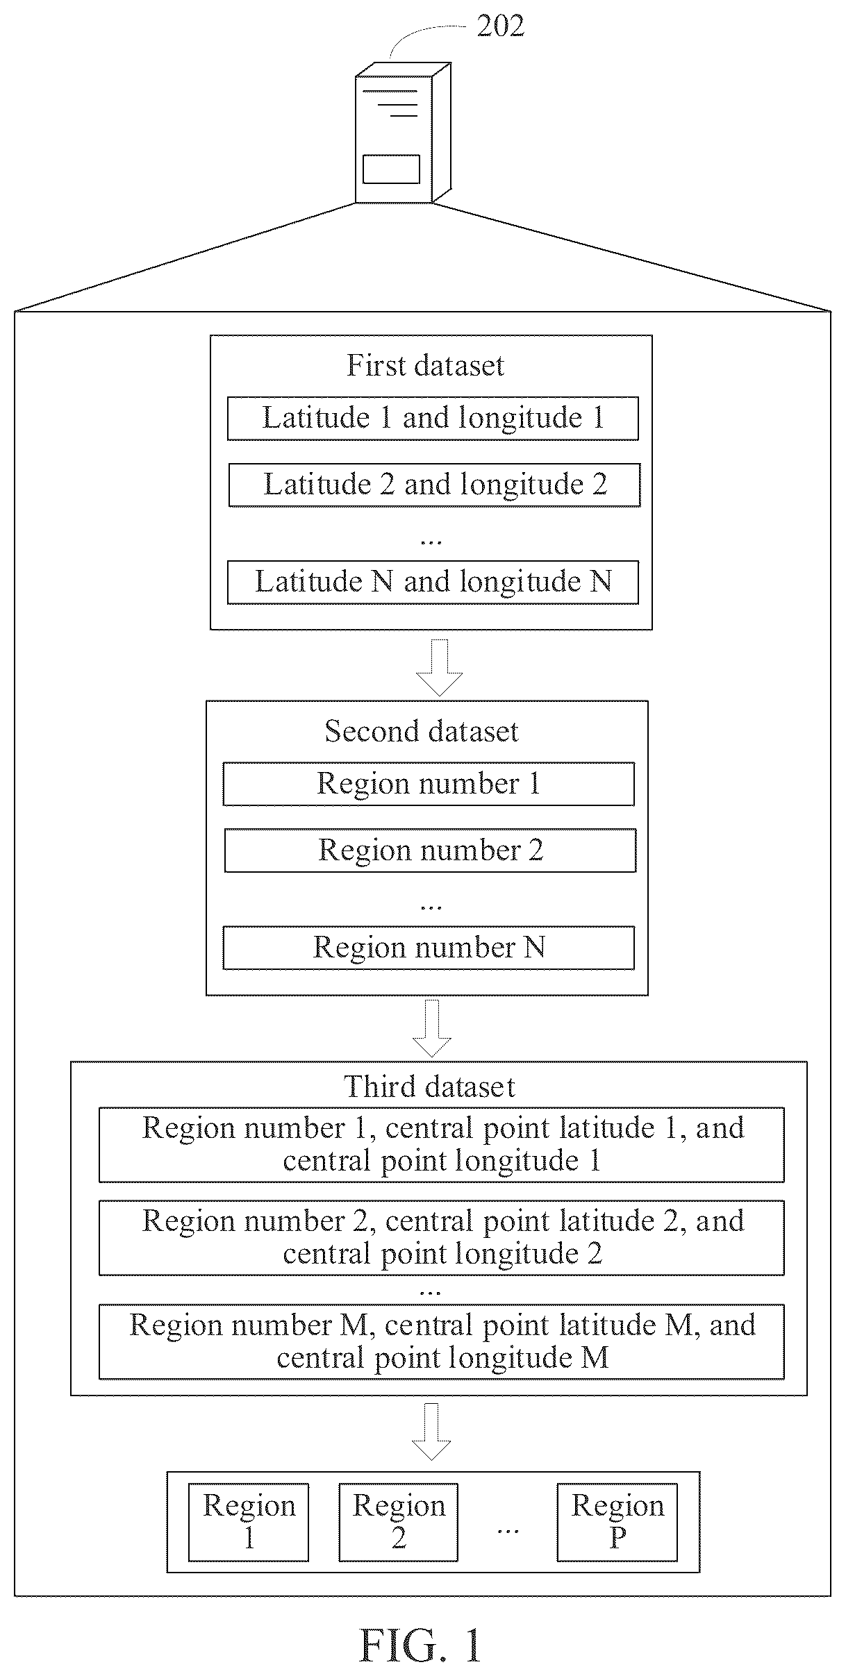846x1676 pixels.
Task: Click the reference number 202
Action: [500, 26]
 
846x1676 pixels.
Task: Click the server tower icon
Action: [403, 133]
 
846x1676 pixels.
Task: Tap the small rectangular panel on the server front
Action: [391, 169]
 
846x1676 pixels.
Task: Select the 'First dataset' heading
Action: [425, 366]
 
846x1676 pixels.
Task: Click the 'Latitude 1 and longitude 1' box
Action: [433, 419]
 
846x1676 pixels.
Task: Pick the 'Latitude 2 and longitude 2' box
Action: [434, 485]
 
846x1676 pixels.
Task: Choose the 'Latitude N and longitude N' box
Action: [433, 582]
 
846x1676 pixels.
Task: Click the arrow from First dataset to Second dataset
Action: [440, 667]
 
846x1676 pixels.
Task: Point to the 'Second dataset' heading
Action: [422, 731]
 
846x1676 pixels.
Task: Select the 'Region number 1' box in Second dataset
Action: [429, 784]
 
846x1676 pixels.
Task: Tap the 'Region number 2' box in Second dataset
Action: [430, 850]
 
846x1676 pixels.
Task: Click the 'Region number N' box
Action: [429, 948]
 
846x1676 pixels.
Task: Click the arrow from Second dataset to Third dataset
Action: [432, 1028]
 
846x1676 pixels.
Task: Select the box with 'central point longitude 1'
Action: [442, 1145]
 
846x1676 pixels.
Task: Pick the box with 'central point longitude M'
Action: [442, 1341]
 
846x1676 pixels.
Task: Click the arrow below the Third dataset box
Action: [432, 1432]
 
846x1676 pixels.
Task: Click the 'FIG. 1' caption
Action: [420, 1645]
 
